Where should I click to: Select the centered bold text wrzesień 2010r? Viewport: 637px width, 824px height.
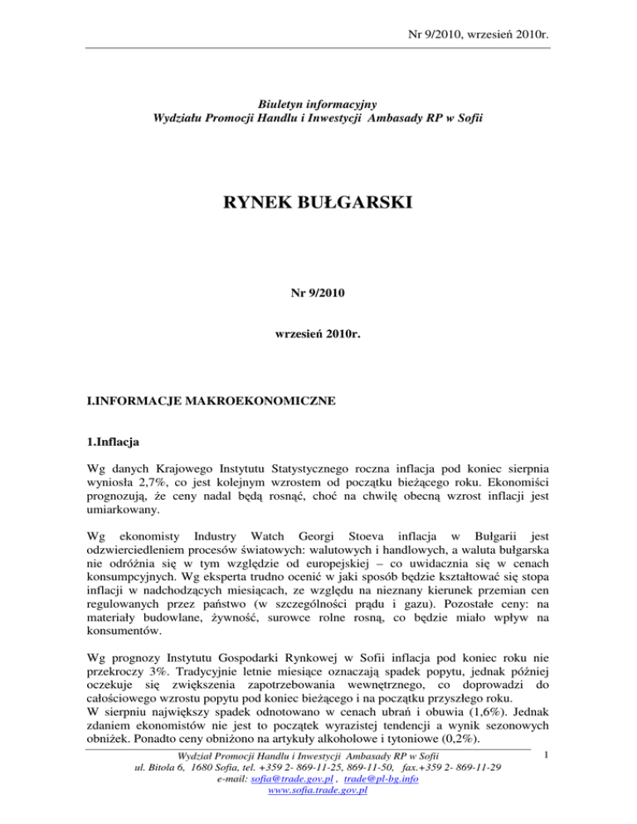tap(318, 338)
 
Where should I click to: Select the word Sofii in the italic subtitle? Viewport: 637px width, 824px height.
tap(468, 118)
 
